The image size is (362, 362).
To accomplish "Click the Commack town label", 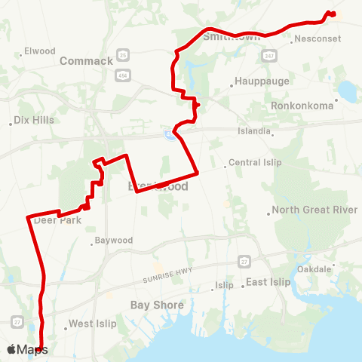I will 86,60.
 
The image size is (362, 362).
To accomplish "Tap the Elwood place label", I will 40,51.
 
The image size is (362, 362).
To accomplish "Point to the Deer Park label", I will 57,220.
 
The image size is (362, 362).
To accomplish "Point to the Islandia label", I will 254,130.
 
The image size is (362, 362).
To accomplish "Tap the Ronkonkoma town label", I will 302,106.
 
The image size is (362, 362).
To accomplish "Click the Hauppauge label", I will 256,81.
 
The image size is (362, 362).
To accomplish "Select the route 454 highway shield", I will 123,76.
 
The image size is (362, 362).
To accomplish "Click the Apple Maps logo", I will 27,349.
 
